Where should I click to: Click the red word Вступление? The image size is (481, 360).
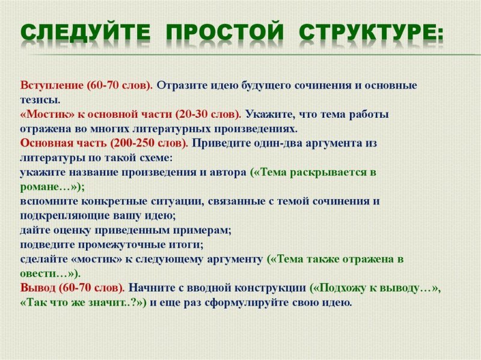[x=51, y=85]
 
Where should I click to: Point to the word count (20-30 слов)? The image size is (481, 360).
[x=208, y=114]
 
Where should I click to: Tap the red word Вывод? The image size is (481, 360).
[x=38, y=288]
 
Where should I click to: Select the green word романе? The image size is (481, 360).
[x=38, y=186]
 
